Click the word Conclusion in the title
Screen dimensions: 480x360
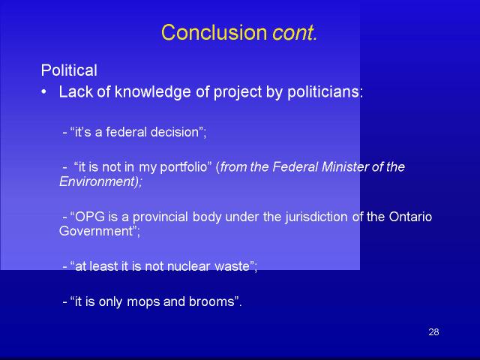[214, 32]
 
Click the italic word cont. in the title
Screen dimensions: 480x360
[295, 33]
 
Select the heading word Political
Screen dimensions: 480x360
[69, 70]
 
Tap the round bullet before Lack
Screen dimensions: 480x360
[44, 91]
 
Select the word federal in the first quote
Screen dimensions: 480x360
[126, 132]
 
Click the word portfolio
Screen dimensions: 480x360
[184, 167]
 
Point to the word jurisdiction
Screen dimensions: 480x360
[316, 217]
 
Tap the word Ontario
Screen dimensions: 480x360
[410, 217]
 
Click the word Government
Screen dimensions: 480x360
[95, 231]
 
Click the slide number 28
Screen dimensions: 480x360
[433, 331]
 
